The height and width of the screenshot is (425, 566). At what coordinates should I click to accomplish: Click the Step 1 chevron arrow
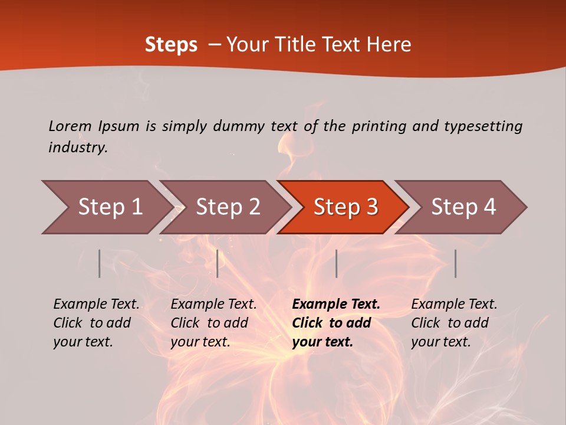click(106, 207)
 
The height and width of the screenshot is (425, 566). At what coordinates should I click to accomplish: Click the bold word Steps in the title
click(171, 45)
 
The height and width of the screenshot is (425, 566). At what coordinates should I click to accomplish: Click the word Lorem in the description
click(70, 126)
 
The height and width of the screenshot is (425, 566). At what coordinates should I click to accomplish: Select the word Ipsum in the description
click(119, 126)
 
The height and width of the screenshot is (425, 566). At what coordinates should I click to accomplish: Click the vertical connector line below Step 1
click(100, 263)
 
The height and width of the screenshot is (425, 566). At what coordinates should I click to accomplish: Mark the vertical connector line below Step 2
click(218, 263)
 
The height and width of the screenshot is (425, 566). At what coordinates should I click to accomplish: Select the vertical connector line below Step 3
click(336, 263)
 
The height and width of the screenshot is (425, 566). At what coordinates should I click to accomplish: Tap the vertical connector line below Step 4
click(455, 263)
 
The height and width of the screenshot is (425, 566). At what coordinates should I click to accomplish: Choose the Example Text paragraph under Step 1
click(96, 323)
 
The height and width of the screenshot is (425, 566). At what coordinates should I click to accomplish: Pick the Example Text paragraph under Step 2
click(213, 323)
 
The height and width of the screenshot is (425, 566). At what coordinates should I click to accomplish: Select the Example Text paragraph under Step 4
click(454, 323)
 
